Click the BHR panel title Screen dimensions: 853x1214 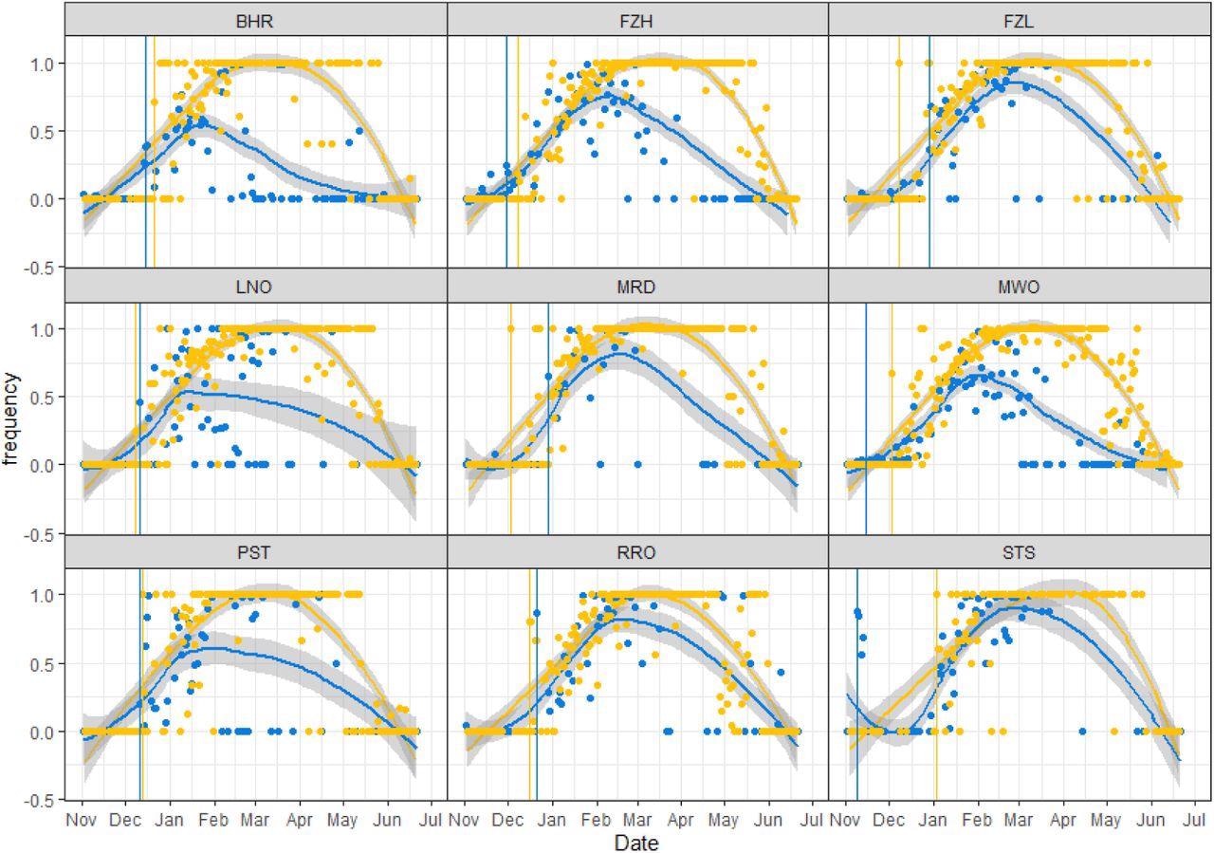(255, 21)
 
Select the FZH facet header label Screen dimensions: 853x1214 (636, 21)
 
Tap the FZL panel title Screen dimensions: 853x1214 (1020, 21)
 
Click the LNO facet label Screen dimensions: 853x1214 (255, 287)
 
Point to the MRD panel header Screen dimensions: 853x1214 (636, 287)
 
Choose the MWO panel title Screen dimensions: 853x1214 (1020, 287)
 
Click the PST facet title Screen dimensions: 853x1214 (255, 553)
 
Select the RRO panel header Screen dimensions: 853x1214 (636, 553)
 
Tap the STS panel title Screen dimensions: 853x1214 (1020, 553)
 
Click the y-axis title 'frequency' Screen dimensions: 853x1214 (12, 418)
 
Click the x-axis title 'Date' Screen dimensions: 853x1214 (636, 843)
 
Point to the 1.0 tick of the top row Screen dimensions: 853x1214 (46, 63)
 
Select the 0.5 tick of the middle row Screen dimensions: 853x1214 (46, 397)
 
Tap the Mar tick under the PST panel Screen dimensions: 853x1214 (254, 819)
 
